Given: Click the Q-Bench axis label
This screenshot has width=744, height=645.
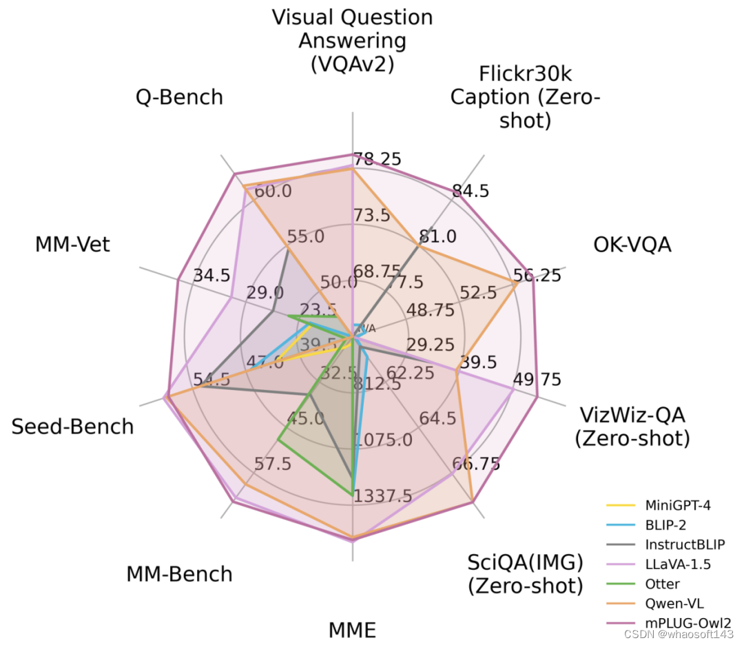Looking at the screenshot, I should click(179, 97).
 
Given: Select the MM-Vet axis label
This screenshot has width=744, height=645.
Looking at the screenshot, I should click(72, 244).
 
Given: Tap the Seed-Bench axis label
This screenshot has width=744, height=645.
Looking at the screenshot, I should click(72, 427).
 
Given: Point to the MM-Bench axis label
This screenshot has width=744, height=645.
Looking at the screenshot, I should click(179, 574).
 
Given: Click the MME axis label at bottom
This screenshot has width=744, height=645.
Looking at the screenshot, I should click(352, 630).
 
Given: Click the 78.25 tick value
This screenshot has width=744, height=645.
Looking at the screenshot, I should click(377, 159).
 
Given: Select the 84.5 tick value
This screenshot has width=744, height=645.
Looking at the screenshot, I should click(470, 191).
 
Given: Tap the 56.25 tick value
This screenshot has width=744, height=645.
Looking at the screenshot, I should click(537, 276).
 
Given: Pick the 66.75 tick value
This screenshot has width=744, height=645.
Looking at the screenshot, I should click(476, 463).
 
